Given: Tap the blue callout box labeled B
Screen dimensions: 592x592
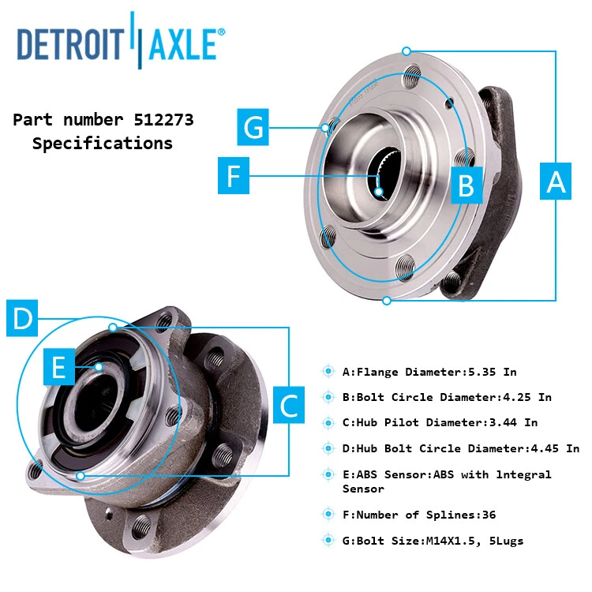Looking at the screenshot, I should point(466,185).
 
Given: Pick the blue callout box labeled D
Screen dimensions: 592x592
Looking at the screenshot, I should point(23,319).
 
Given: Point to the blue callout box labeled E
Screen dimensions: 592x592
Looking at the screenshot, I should point(58,366).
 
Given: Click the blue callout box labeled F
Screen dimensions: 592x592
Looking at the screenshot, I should point(233,176).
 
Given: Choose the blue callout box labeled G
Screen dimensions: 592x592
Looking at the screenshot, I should point(254,126).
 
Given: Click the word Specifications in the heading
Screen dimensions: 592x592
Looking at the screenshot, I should point(103,144).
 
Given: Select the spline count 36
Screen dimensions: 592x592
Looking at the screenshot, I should point(488,515).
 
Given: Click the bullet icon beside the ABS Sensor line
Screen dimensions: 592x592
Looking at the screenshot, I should point(328,474).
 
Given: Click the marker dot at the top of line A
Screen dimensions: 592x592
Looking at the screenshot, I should point(406,51).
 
